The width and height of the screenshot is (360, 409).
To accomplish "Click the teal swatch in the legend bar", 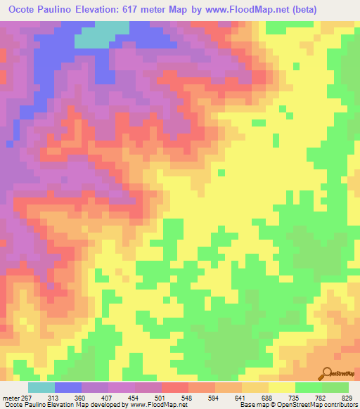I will (41, 387).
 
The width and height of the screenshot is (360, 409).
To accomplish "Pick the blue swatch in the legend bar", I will (67, 387).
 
